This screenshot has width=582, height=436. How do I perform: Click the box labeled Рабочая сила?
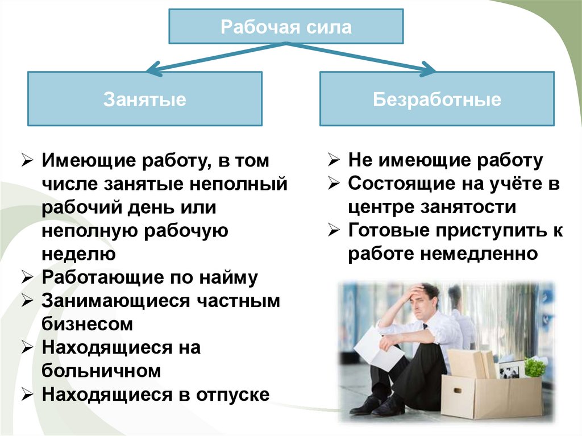(286, 26)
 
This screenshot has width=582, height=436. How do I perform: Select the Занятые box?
(144, 99)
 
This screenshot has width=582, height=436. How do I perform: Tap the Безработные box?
(436, 99)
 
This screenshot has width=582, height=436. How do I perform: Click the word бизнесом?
(87, 324)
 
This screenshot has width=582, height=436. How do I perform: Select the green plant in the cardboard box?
(534, 367)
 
